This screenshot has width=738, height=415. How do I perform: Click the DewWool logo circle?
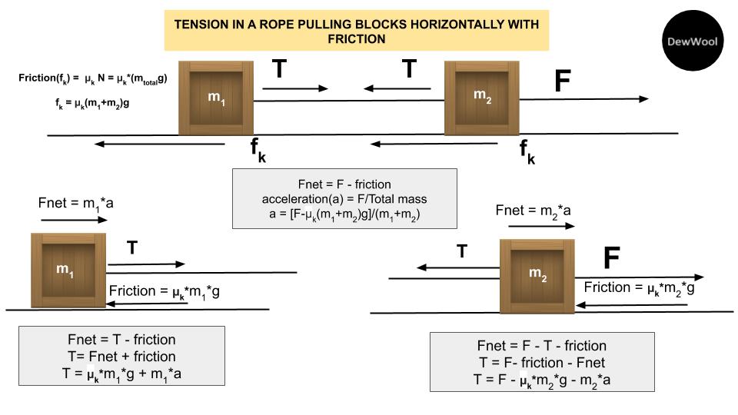[x=691, y=41]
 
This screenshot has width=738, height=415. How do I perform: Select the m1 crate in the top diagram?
[x=215, y=98]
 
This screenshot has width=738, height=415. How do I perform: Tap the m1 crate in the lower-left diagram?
[x=68, y=270]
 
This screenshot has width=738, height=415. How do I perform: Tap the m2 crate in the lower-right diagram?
[x=537, y=276]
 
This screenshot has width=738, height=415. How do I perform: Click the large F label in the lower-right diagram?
[x=611, y=259]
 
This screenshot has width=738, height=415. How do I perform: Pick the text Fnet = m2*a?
[x=534, y=210]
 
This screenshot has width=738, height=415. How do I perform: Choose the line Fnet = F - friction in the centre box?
[x=344, y=184]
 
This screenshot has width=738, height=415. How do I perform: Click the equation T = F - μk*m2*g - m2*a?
[x=541, y=379]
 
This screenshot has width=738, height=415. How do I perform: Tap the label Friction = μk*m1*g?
[x=169, y=291]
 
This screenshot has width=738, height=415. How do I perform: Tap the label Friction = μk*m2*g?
[x=640, y=287]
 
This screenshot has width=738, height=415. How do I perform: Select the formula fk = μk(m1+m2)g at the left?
[x=86, y=102]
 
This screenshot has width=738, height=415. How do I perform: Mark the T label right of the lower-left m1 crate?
[x=132, y=248]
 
